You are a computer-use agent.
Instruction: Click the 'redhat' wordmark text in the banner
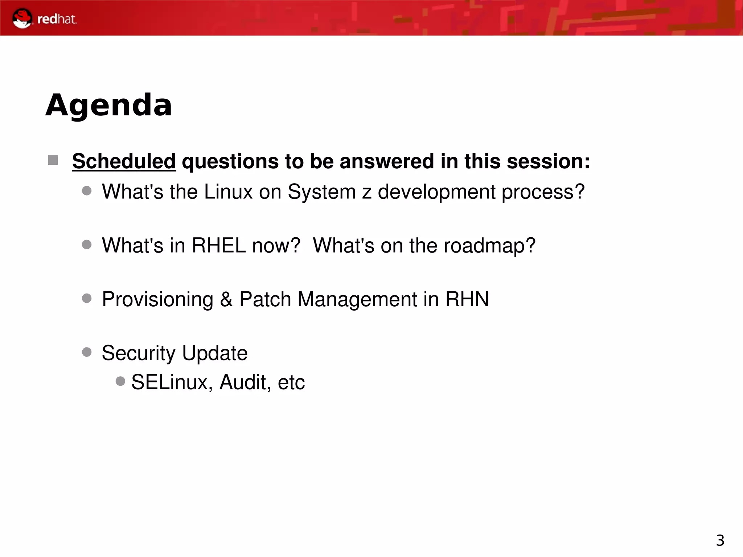57,19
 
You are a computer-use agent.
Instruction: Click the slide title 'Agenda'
108,105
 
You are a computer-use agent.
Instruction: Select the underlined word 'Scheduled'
124,161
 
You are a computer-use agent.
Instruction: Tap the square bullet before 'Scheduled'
53,160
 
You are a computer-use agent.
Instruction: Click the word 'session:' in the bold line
548,161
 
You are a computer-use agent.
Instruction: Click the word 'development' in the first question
436,192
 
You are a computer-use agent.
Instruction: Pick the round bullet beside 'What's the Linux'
87,191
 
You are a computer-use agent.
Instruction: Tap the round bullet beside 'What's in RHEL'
87,245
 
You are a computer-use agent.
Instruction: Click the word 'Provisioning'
157,300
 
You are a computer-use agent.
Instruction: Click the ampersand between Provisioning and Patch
226,299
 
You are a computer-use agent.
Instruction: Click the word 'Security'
138,353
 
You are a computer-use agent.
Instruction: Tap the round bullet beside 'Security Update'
87,352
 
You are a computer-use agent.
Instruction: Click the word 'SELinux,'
172,382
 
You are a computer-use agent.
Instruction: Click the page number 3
720,540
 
